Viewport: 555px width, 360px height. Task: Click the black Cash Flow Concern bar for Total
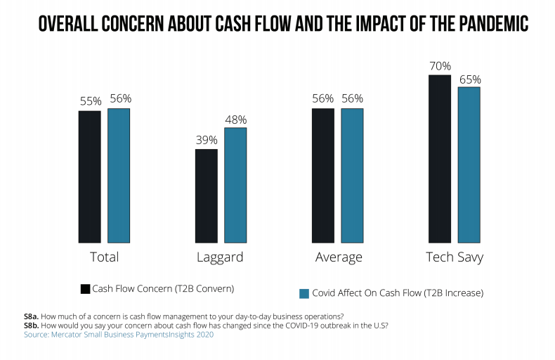tap(89, 176)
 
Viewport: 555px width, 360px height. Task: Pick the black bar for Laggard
tap(206, 195)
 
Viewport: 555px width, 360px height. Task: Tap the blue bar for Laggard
tap(235, 184)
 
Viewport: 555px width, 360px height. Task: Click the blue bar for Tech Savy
tap(469, 164)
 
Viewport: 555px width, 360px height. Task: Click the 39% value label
tap(206, 141)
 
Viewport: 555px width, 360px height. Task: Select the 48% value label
tap(235, 120)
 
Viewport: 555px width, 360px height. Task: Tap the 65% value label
tap(469, 79)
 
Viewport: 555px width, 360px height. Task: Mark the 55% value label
tap(89, 102)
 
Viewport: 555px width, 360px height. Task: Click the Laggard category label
tap(221, 257)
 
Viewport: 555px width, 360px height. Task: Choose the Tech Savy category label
tap(455, 257)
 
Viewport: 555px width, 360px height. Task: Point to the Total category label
tap(104, 257)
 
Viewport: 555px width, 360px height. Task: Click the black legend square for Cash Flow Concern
tap(85, 289)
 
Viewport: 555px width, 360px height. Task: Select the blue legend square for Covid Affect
tap(305, 292)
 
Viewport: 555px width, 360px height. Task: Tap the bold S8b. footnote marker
tap(34, 325)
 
